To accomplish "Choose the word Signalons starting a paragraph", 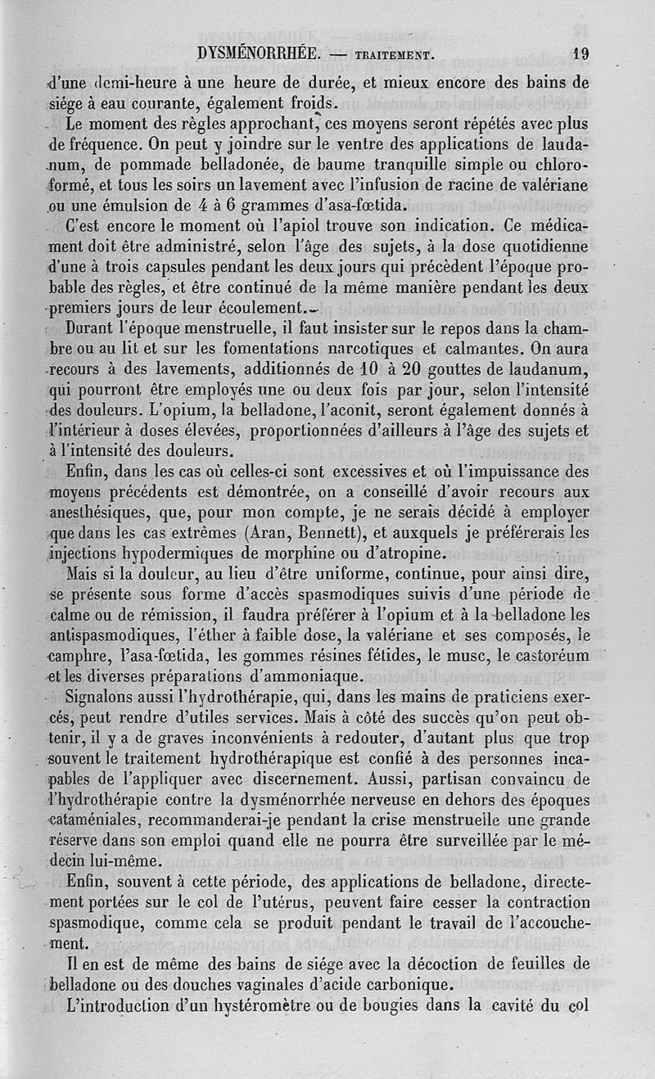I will pos(104,698).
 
